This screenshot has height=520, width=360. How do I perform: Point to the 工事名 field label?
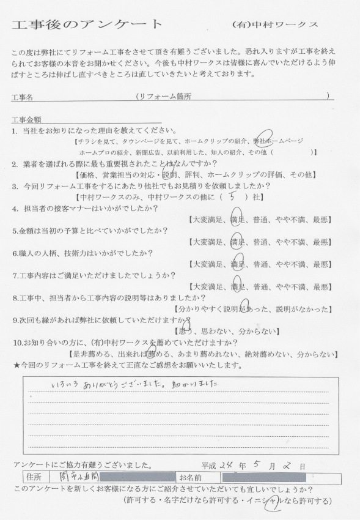click(x=26, y=97)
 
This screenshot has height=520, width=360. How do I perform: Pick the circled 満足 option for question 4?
click(x=239, y=220)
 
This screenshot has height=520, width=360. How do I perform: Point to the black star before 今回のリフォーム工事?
click(x=16, y=365)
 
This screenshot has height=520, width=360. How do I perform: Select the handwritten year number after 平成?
click(x=229, y=466)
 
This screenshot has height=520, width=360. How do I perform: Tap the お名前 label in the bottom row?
click(x=191, y=477)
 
